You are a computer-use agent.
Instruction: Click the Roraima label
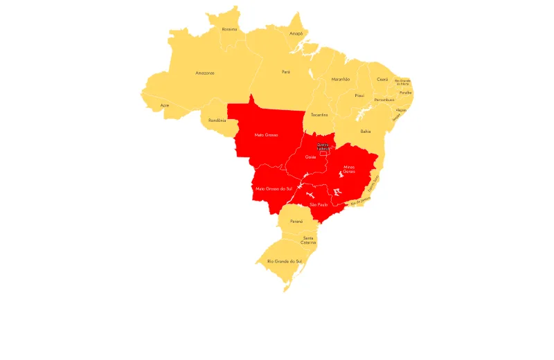point(229,29)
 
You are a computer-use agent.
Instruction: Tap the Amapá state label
point(296,33)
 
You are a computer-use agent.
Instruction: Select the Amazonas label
point(204,73)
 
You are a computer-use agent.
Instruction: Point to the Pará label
point(285,72)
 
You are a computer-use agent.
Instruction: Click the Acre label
point(164,105)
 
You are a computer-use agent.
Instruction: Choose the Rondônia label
point(217,120)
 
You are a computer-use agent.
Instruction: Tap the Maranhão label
point(340,79)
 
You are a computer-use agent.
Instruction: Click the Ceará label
point(382,80)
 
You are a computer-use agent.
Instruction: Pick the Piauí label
point(359,96)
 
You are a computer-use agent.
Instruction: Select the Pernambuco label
point(384,100)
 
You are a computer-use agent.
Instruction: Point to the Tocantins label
point(319,114)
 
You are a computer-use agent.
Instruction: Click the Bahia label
point(365,131)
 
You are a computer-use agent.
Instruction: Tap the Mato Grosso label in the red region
point(266,135)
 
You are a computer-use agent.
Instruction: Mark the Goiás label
point(310,157)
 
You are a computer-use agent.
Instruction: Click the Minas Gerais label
point(350,169)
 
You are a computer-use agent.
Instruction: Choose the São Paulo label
point(318,205)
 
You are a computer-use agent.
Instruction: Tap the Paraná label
point(296,221)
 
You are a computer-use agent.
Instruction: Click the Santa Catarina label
point(309,240)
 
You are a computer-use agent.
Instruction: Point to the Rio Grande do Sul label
point(284,261)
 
